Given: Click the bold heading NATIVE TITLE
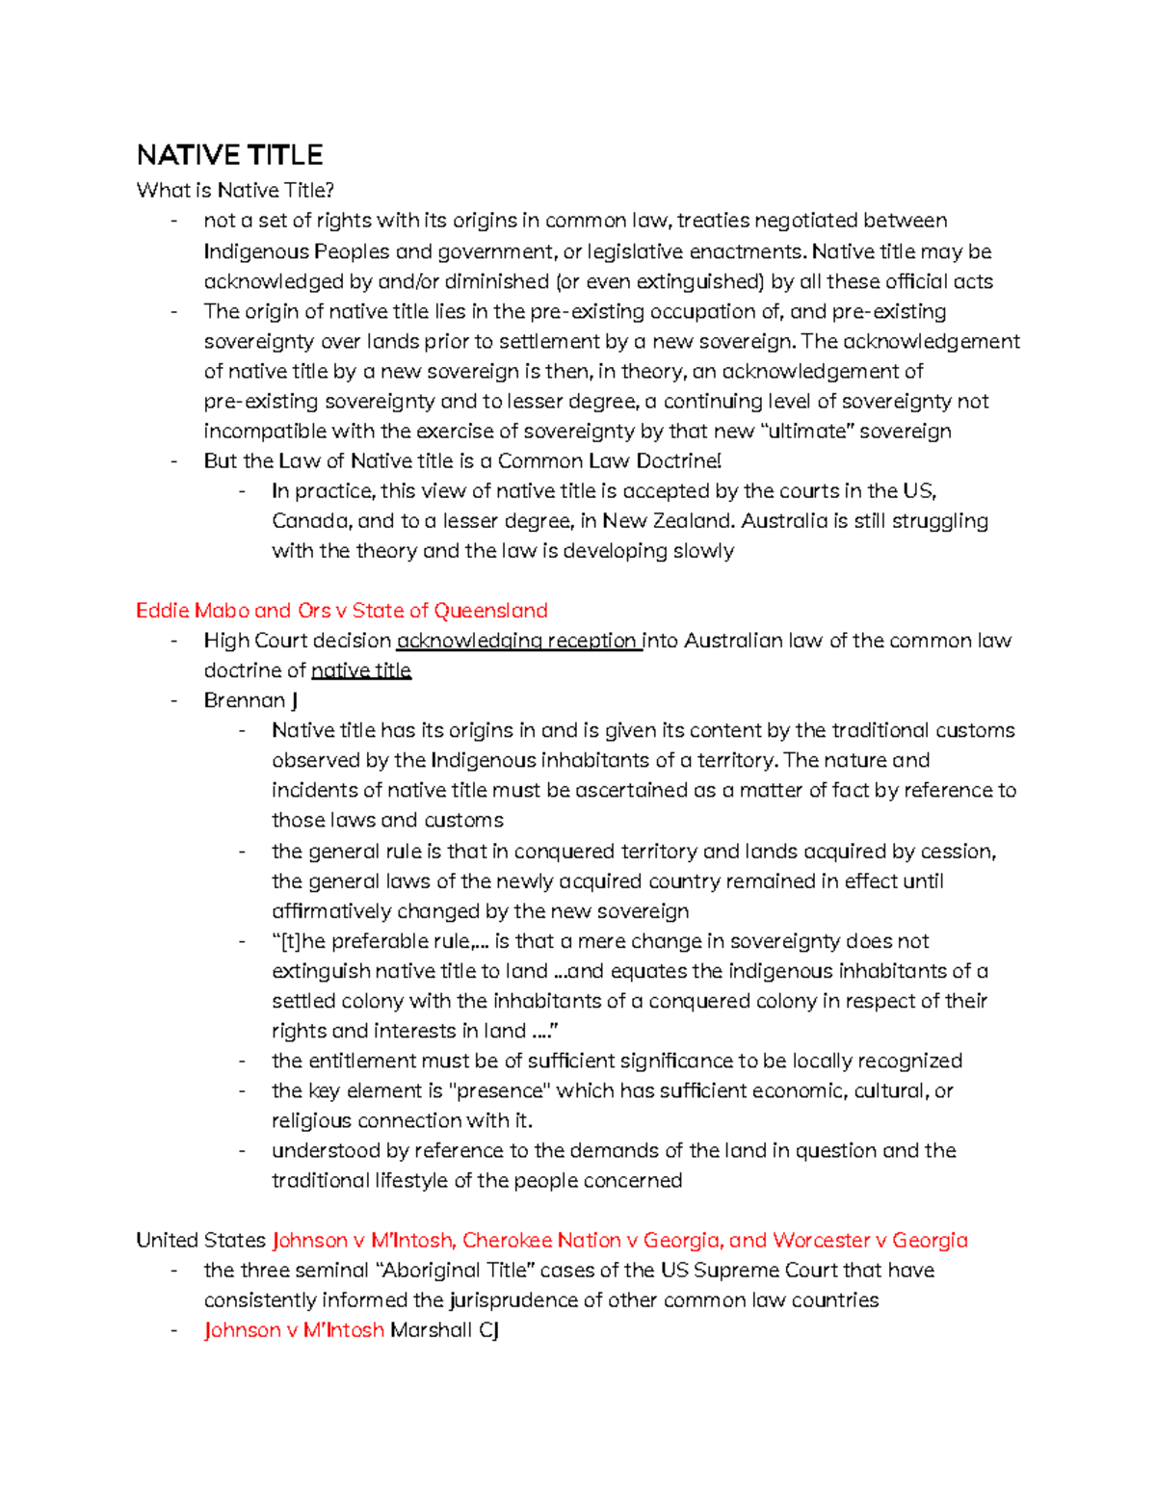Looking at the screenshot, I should click(x=229, y=155).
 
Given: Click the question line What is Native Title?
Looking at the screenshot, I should click(x=235, y=190).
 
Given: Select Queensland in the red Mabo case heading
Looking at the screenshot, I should click(x=490, y=611).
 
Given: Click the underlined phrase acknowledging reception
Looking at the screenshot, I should click(x=518, y=641).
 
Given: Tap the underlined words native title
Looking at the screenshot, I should click(x=361, y=670).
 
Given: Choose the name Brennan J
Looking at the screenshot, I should click(x=250, y=700).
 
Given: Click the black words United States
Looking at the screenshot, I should click(x=200, y=1240).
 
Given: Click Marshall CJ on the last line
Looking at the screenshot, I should click(x=444, y=1330).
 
